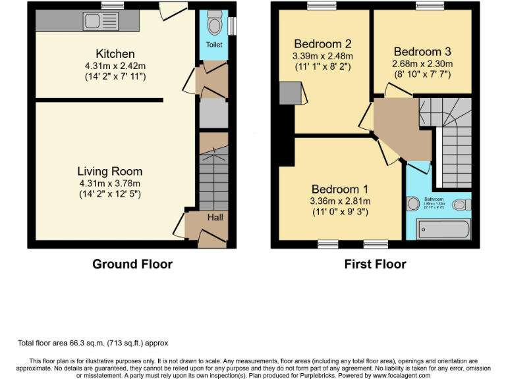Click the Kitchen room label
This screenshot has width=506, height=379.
(x=115, y=54)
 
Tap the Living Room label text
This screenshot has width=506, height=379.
(x=110, y=172)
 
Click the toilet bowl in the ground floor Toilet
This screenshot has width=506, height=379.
(x=213, y=26)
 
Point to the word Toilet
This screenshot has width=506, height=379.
(x=213, y=45)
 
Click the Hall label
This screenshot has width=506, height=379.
(x=215, y=217)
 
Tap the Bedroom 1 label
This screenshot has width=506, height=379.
(x=341, y=189)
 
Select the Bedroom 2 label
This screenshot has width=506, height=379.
(x=322, y=44)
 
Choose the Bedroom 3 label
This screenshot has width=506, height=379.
(x=422, y=51)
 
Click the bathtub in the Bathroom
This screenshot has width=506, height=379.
(x=443, y=229)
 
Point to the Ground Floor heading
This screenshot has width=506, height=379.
(x=132, y=265)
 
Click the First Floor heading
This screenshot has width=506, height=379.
(x=375, y=265)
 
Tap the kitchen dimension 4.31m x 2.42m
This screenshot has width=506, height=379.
(x=115, y=66)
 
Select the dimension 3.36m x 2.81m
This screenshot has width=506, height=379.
(x=341, y=201)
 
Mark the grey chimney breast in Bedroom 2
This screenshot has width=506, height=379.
(x=290, y=93)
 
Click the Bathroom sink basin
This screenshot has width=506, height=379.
(x=413, y=205)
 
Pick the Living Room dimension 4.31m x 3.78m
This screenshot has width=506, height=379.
(x=110, y=184)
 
